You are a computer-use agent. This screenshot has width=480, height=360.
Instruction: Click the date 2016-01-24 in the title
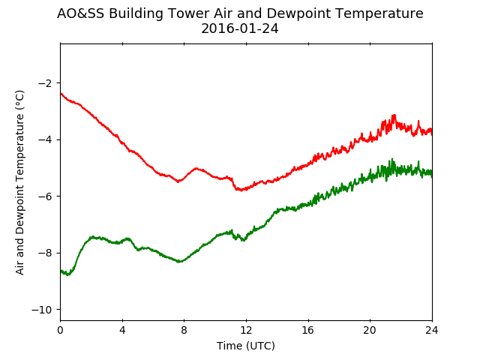point(240,28)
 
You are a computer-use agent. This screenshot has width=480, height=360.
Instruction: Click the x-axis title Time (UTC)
point(246,346)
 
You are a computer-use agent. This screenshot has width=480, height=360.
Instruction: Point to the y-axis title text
point(19,182)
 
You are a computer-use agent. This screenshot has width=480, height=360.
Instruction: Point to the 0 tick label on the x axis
point(60,330)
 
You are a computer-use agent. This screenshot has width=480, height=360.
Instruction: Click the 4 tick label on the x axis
point(122,330)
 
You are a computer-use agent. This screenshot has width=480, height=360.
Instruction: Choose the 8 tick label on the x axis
point(184,330)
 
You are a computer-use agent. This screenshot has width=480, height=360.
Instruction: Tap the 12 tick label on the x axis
point(246,330)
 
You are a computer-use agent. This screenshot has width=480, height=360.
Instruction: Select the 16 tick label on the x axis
point(308,330)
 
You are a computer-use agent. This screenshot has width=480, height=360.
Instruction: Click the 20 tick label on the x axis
point(370,330)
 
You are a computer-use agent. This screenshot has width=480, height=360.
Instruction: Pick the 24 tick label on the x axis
point(432,330)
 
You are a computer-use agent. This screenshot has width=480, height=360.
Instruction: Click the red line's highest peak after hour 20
point(394,115)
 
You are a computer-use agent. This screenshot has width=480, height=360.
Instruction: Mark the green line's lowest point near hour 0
point(68,274)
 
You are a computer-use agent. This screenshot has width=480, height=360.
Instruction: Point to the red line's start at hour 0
point(61,93)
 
